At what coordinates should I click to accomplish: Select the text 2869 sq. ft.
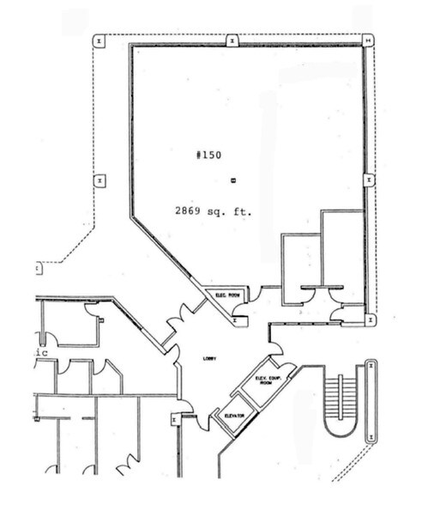coord(214,210)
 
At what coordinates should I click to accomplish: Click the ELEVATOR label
coord(233,416)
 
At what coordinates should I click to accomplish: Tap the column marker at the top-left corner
coord(99,40)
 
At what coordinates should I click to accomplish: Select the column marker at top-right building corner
coord(367,40)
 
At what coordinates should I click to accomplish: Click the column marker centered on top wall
coord(232,40)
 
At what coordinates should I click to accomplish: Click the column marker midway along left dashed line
coord(99,180)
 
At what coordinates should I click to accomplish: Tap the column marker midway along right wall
coord(368,180)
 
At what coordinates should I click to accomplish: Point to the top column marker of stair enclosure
coord(371,365)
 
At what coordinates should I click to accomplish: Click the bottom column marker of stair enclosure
coord(371,436)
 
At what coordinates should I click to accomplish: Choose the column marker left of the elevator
coord(175,419)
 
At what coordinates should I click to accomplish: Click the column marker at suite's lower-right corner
coord(370,319)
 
